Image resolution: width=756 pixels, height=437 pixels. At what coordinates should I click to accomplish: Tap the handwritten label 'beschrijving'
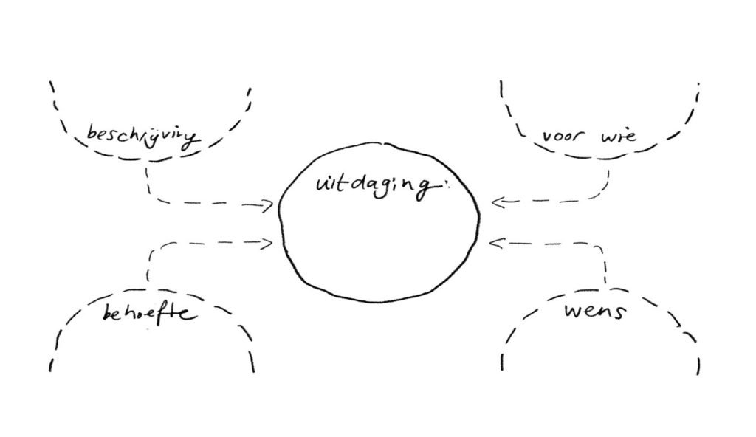pyautogui.click(x=143, y=136)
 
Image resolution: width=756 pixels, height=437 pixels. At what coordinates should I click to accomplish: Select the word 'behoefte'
pyautogui.click(x=148, y=313)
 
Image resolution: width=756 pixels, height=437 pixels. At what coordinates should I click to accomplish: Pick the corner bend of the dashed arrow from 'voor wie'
pyautogui.click(x=604, y=196)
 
